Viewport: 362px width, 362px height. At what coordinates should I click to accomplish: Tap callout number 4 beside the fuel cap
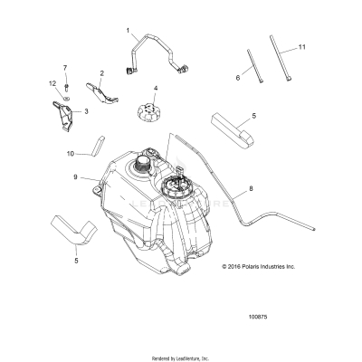(x=155, y=89)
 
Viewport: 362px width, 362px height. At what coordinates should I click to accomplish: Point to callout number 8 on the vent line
(x=238, y=189)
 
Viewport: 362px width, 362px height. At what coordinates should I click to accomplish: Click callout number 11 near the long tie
(x=303, y=45)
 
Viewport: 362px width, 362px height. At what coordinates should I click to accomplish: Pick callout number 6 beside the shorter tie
(x=238, y=79)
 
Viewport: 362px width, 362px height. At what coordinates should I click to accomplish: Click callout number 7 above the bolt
(x=65, y=68)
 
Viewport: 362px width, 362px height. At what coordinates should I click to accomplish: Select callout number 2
(x=101, y=72)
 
